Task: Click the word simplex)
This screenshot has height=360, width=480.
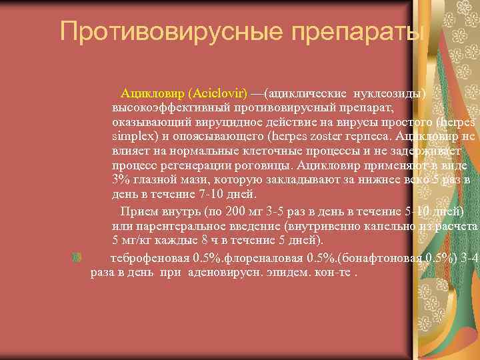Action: coord(132,135)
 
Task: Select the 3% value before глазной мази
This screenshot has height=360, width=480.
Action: coord(120,180)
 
